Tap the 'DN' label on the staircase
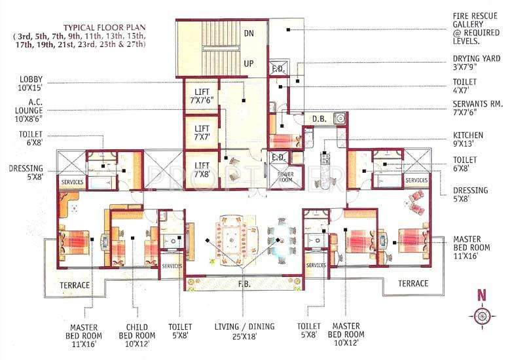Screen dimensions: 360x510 (x=249, y=33)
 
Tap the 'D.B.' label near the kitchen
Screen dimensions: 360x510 (x=319, y=118)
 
